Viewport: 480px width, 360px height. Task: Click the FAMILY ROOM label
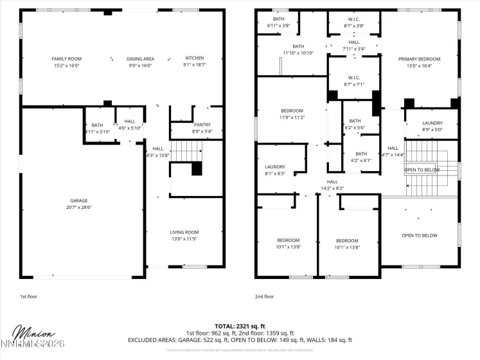tap(67, 59)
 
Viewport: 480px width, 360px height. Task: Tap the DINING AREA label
tap(139, 59)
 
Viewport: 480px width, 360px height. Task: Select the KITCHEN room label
tap(195, 59)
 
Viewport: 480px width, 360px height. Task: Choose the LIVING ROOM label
tap(184, 232)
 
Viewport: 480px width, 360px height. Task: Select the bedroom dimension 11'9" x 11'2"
tap(291, 118)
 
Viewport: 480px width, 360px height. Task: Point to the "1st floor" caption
tap(29, 296)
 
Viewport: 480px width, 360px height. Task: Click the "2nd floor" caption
tap(264, 296)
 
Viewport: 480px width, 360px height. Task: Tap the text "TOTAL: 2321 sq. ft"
tap(240, 327)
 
